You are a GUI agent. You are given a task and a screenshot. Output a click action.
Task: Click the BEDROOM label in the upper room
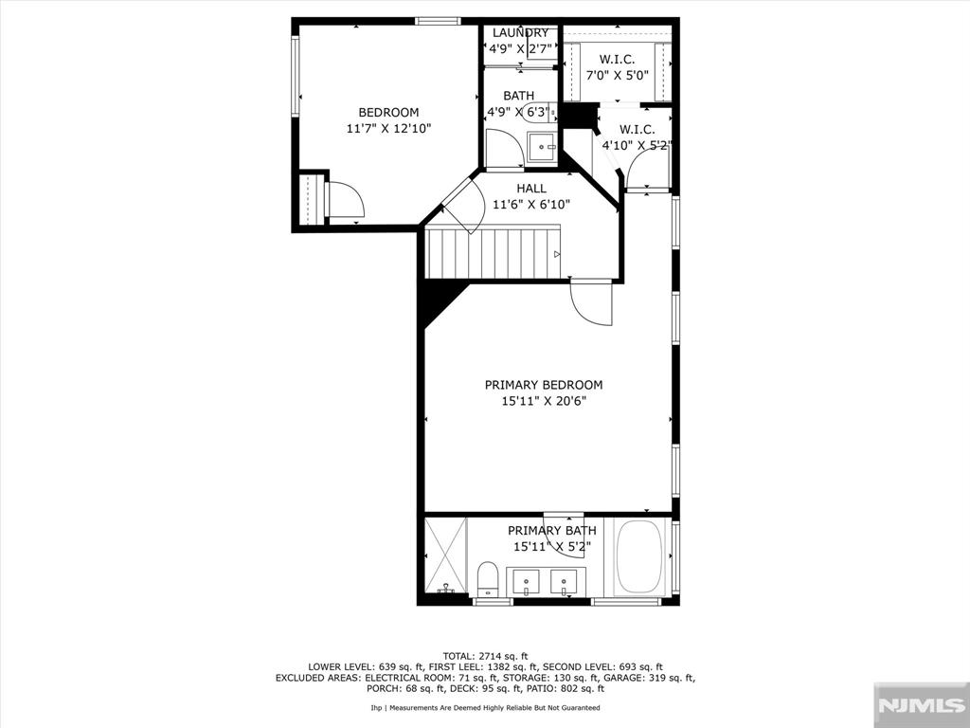click(388, 113)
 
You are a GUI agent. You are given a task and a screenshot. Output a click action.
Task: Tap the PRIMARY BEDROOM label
click(543, 385)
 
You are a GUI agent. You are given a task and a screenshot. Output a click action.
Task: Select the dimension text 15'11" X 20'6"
click(543, 401)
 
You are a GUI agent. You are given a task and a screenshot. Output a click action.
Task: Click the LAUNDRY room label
click(520, 33)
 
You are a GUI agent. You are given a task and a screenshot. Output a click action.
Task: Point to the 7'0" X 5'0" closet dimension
click(617, 76)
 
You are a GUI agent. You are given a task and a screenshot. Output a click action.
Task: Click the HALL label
click(531, 189)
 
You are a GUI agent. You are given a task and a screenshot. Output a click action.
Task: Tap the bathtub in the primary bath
click(639, 556)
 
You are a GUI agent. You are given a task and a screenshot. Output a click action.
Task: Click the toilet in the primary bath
click(488, 579)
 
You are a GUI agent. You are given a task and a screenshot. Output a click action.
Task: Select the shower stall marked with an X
click(445, 555)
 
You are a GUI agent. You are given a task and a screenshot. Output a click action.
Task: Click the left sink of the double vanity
click(526, 581)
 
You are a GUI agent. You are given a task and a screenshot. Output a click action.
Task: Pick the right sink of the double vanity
click(564, 581)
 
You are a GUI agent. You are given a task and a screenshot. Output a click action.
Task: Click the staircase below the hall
click(493, 253)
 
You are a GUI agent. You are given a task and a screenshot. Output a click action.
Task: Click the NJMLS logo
click(920, 705)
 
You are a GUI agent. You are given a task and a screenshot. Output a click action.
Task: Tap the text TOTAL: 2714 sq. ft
click(485, 656)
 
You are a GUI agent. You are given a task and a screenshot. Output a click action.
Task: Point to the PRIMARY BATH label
click(552, 531)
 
